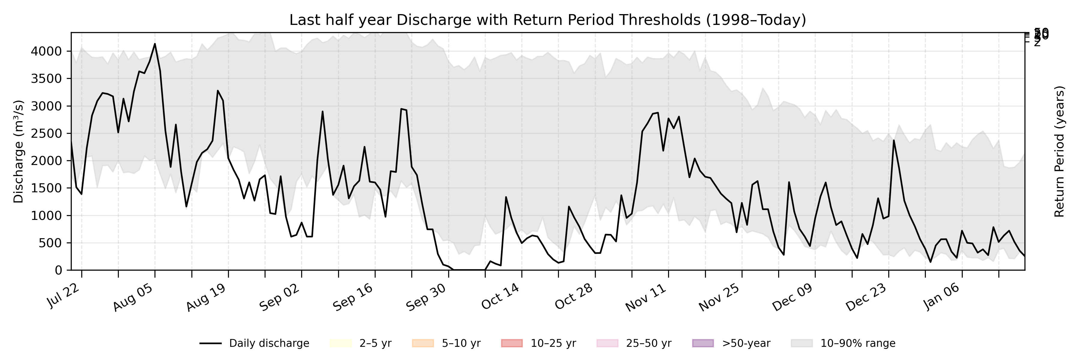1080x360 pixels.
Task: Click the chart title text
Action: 547,20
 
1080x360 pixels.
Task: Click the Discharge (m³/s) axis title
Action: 18,151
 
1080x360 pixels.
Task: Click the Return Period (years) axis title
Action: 1060,151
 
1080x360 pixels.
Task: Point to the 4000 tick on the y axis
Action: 46,52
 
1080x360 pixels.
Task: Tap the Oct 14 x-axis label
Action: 501,297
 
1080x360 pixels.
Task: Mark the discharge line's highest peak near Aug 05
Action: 155,43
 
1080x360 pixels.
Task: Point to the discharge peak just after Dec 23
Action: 894,140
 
